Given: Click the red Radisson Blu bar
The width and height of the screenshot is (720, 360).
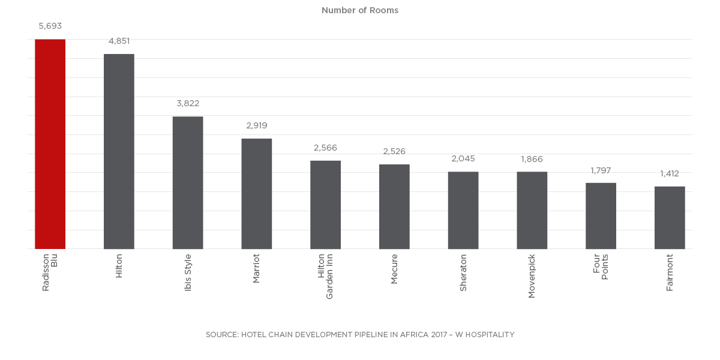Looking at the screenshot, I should (50, 144).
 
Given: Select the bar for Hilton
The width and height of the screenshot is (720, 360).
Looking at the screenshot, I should (119, 151).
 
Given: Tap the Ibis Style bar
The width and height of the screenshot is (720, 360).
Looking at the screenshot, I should (188, 182).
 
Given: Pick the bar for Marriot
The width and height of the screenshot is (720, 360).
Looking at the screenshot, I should (257, 194).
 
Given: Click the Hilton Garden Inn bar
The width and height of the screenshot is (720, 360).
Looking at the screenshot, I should (325, 205).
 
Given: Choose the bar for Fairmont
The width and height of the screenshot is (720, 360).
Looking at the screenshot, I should (670, 217).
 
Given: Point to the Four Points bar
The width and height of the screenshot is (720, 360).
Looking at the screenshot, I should (601, 215).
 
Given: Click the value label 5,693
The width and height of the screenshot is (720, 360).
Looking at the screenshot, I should (50, 26).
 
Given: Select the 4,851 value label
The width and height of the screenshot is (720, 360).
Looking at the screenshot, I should (119, 41).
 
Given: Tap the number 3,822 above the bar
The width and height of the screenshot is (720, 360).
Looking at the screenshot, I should (188, 104).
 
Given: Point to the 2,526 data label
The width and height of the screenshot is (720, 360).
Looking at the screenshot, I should (394, 152).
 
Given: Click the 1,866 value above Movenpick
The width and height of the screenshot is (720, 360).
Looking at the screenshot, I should (532, 159).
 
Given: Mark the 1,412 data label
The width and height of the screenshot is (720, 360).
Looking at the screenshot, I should (670, 174).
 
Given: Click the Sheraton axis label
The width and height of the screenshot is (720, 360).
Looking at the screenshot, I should (463, 272).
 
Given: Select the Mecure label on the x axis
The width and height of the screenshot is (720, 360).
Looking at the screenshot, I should (394, 269).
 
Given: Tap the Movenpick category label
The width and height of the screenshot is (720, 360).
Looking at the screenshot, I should (532, 276).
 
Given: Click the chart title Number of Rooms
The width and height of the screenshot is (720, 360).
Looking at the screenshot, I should (360, 10).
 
